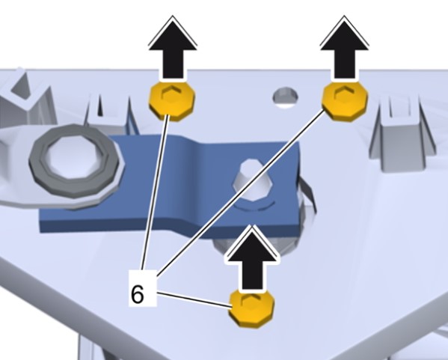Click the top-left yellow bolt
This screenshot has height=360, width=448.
[x=172, y=101]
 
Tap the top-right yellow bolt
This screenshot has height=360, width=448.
[x=345, y=101]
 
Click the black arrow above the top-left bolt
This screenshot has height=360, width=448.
[x=173, y=47]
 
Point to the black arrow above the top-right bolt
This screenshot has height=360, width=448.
[x=344, y=47]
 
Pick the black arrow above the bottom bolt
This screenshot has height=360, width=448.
[x=252, y=257]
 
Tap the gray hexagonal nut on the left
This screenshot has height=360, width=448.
[x=76, y=166]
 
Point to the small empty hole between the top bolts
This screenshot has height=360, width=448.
[x=285, y=96]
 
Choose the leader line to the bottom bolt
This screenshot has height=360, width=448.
[x=194, y=299]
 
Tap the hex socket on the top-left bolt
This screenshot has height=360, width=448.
[x=171, y=93]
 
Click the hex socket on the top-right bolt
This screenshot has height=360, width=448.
[x=344, y=94]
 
